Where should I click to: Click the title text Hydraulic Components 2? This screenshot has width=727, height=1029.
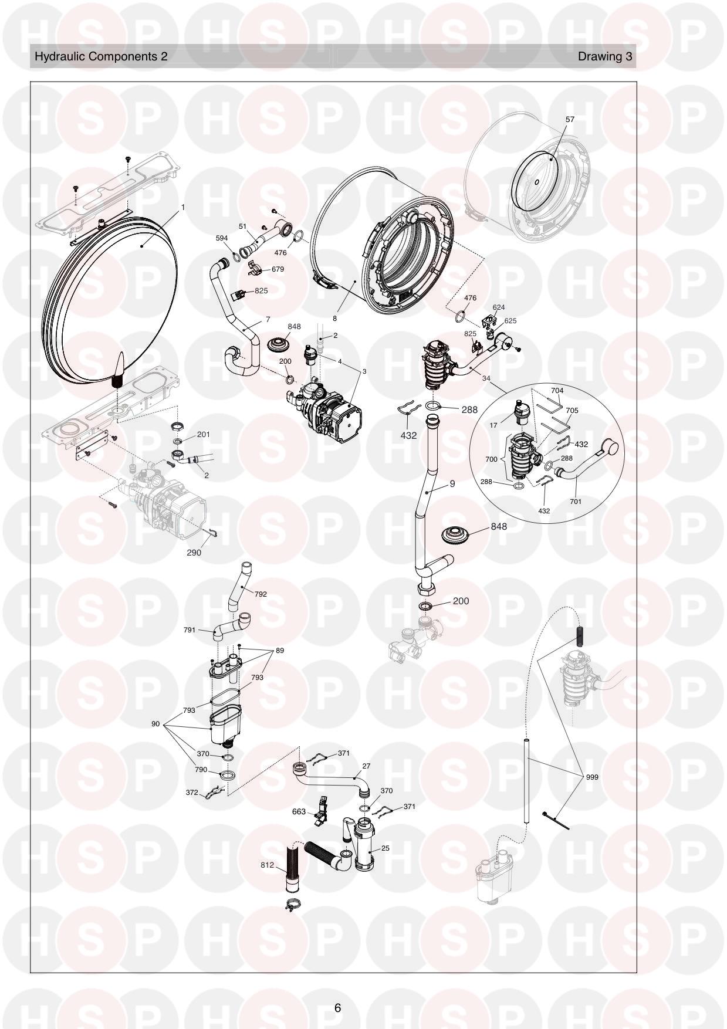pyautogui.click(x=101, y=56)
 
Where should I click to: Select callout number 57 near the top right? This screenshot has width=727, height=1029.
pyautogui.click(x=570, y=119)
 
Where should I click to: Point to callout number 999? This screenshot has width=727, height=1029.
pyautogui.click(x=592, y=777)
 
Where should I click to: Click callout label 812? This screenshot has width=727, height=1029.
pyautogui.click(x=267, y=866)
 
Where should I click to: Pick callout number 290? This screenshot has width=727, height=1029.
pyautogui.click(x=194, y=552)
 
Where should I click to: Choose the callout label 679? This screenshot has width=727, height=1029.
pyautogui.click(x=277, y=269)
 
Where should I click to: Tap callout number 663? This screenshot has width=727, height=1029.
pyautogui.click(x=299, y=811)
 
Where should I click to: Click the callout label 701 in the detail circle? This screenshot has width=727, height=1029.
pyautogui.click(x=576, y=502)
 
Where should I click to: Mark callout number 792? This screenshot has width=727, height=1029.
pyautogui.click(x=261, y=594)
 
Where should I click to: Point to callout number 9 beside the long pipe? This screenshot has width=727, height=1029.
pyautogui.click(x=452, y=484)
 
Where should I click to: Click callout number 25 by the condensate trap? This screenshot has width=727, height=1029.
pyautogui.click(x=385, y=848)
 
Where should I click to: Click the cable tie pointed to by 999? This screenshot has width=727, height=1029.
pyautogui.click(x=556, y=820)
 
